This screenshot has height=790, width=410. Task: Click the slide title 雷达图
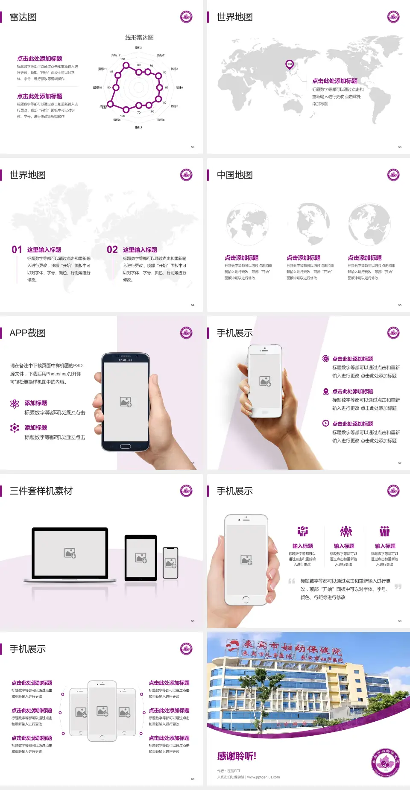pyautogui.click(x=23, y=17)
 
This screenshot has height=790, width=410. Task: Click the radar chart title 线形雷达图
pyautogui.click(x=139, y=38)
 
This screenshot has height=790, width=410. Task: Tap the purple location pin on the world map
pyautogui.click(x=289, y=64)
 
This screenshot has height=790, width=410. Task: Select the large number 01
pyautogui.click(x=17, y=250)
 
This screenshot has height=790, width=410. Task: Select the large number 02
pyautogui.click(x=112, y=250)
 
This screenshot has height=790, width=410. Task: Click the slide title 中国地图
pyautogui.click(x=234, y=175)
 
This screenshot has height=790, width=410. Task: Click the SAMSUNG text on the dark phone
pyautogui.click(x=126, y=360)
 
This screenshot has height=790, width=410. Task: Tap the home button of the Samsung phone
pyautogui.click(x=125, y=446)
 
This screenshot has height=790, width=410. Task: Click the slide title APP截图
pyautogui.click(x=28, y=333)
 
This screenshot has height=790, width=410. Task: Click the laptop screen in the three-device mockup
pyautogui.click(x=70, y=553)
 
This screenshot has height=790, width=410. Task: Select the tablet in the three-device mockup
pyautogui.click(x=141, y=557)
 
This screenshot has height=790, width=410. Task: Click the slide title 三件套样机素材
pyautogui.click(x=41, y=491)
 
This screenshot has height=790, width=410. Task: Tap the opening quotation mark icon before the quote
pyautogui.click(x=292, y=581)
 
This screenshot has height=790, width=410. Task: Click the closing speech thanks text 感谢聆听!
pyautogui.click(x=237, y=756)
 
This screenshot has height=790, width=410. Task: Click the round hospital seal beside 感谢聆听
pyautogui.click(x=385, y=763)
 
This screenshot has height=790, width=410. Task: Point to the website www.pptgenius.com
pyautogui.click(x=264, y=777)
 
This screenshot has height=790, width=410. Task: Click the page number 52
pyautogui.click(x=193, y=147)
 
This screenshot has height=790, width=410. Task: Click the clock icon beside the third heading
pyautogui.click(x=325, y=423)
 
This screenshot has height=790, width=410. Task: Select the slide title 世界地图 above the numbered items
pyautogui.click(x=28, y=175)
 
